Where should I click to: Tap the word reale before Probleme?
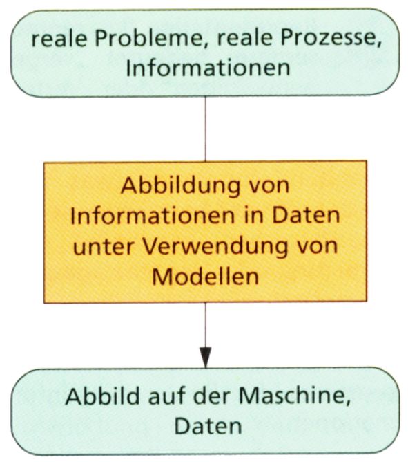click(x=59, y=39)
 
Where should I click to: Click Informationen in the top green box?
click(x=208, y=68)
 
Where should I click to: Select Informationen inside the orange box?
click(x=153, y=216)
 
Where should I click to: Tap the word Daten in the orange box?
click(x=306, y=216)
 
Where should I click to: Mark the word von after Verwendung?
click(x=317, y=248)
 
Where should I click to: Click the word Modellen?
click(x=205, y=277)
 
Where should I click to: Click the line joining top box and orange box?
click(x=205, y=129)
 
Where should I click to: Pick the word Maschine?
click(x=295, y=396)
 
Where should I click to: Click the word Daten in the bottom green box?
click(x=208, y=426)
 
